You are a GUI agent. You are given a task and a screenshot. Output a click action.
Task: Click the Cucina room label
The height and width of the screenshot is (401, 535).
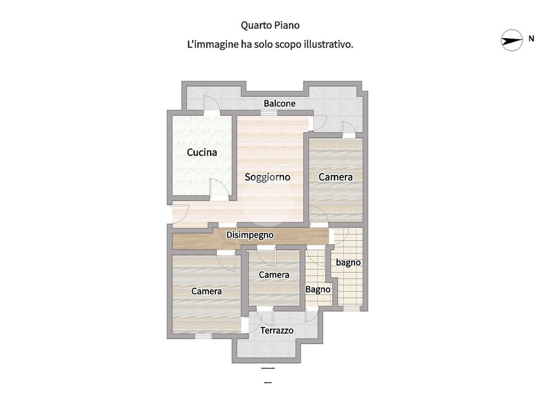[202, 152]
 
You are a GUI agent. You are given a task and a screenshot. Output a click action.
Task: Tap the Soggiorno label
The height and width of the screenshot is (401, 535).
[267, 178]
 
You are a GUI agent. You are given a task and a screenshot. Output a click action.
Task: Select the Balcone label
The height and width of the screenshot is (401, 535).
[280, 103]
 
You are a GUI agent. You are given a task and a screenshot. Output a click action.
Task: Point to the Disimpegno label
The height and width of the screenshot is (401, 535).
[250, 235]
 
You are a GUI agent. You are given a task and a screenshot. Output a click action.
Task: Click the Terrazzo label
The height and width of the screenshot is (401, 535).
[277, 331]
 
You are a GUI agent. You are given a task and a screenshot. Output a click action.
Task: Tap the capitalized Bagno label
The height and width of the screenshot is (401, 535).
[318, 290]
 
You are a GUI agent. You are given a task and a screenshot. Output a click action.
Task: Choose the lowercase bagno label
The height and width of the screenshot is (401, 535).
[348, 263]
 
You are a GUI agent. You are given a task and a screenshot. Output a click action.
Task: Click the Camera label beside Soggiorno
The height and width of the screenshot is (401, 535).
[335, 177]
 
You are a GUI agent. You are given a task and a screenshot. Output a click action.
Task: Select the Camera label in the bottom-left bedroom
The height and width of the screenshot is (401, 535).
[206, 291]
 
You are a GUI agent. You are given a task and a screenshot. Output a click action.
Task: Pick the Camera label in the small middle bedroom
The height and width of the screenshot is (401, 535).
[274, 275]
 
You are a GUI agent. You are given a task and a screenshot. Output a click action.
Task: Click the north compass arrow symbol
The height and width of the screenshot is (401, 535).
[511, 40]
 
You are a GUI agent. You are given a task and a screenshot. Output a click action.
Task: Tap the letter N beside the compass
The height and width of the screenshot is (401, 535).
[531, 39]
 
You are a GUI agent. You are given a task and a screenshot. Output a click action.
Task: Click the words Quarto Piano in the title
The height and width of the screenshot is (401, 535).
[270, 26]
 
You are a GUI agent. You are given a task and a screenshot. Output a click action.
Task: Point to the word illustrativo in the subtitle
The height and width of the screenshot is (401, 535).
[328, 44]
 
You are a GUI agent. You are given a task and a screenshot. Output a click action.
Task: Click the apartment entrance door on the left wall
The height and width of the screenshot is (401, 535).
[180, 214]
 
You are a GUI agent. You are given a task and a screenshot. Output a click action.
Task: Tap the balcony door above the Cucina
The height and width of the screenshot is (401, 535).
[212, 105]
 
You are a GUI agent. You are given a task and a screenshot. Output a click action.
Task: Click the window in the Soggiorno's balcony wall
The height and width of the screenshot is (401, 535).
[271, 113]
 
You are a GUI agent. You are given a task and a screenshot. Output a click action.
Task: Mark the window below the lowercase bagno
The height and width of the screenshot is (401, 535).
[352, 308]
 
